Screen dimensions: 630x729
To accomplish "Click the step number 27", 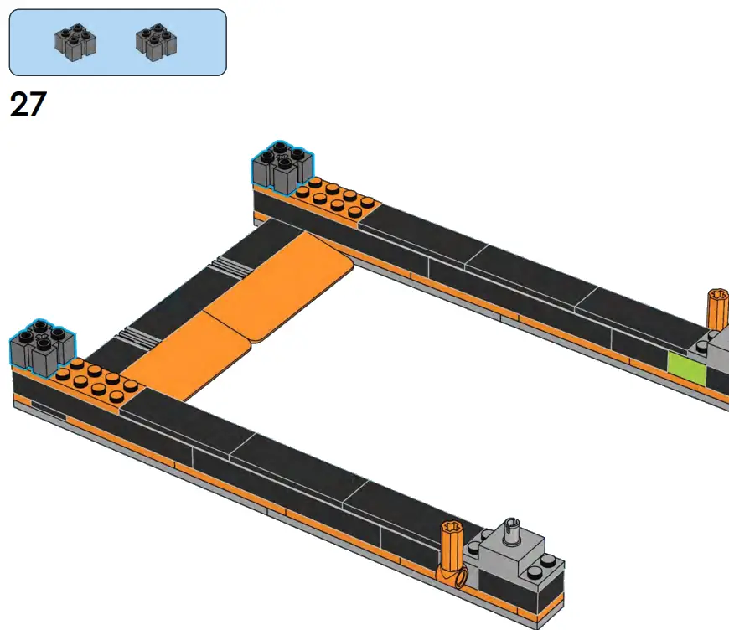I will pos(28,105).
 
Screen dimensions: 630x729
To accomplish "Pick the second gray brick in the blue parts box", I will pos(156,42).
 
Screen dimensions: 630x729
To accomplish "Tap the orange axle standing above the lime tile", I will pos(717,310).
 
